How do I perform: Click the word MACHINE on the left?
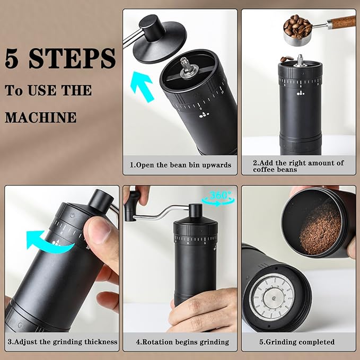tap(41, 117)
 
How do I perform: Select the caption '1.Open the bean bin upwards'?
tap(180, 165)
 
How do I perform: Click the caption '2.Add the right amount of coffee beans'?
tap(298, 166)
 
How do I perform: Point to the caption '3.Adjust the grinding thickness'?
tap(63, 341)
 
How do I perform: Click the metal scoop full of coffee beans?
tap(298, 29)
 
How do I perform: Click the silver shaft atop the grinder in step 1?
tap(185, 64)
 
